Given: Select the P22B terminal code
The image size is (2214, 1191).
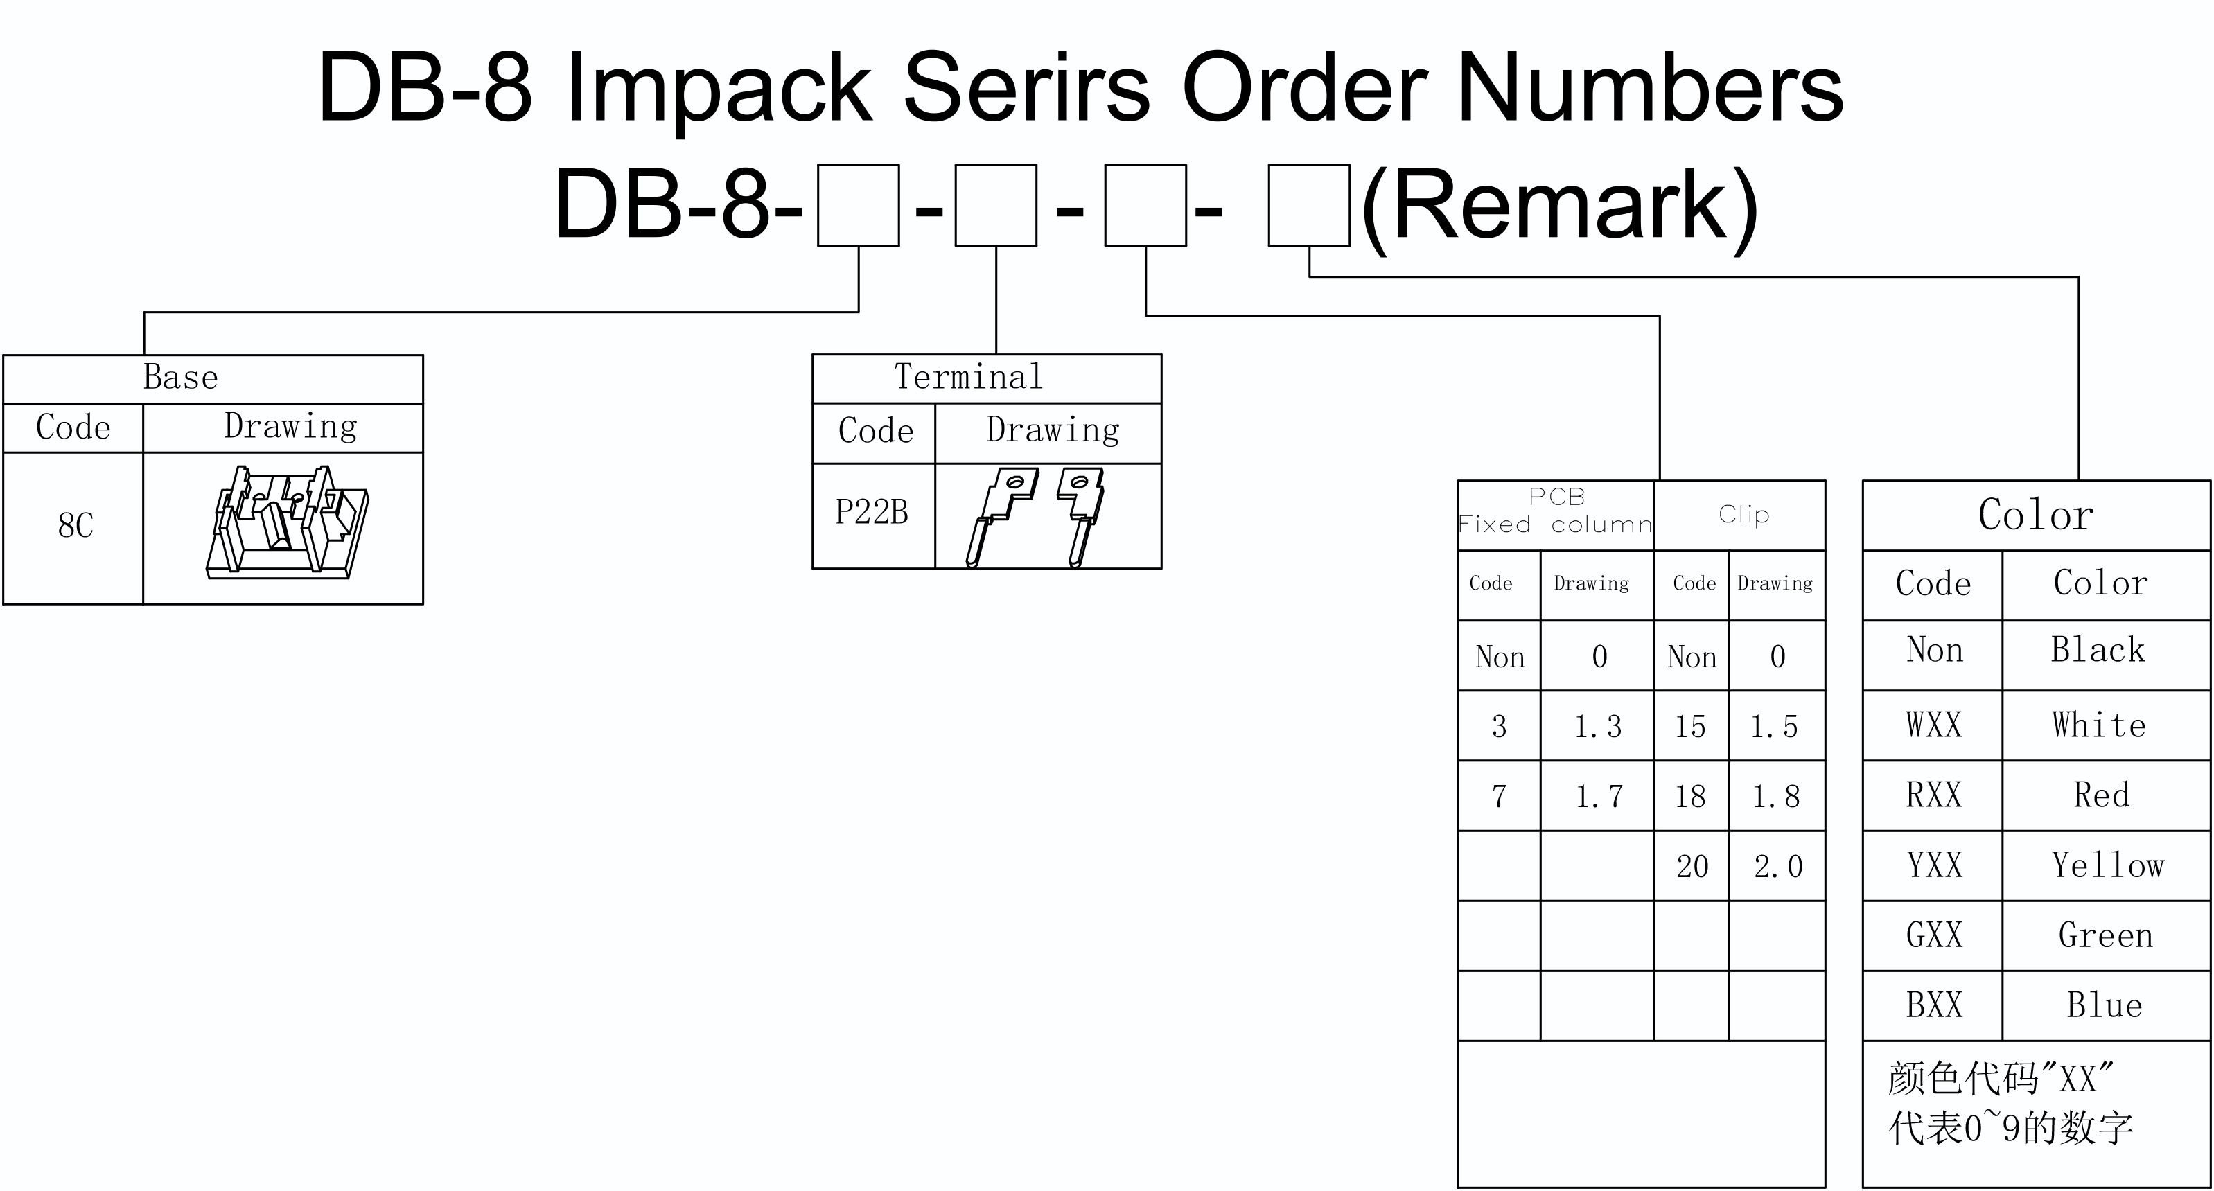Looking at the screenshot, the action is point(872,512).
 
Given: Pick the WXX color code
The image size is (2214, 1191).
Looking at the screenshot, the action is point(1934,725).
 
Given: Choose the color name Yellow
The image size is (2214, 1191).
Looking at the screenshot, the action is point(2107,865).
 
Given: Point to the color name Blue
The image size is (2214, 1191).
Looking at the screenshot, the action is point(2105,1005).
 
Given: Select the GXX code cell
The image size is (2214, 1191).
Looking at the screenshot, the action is point(1934,936).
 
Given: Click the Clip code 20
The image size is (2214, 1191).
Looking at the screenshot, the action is point(1692,866).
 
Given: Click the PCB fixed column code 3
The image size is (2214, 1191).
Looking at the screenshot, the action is point(1499,727).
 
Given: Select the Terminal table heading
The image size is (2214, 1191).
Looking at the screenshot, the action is point(969,377).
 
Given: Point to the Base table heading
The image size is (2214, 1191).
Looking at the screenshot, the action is point(180,377).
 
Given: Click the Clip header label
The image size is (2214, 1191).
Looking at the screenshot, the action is point(1744,515).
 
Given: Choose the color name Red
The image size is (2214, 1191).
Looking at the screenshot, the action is point(2102,795).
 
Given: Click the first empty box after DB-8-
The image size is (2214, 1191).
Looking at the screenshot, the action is point(859,205).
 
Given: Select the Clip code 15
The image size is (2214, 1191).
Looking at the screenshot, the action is point(1689,727).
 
